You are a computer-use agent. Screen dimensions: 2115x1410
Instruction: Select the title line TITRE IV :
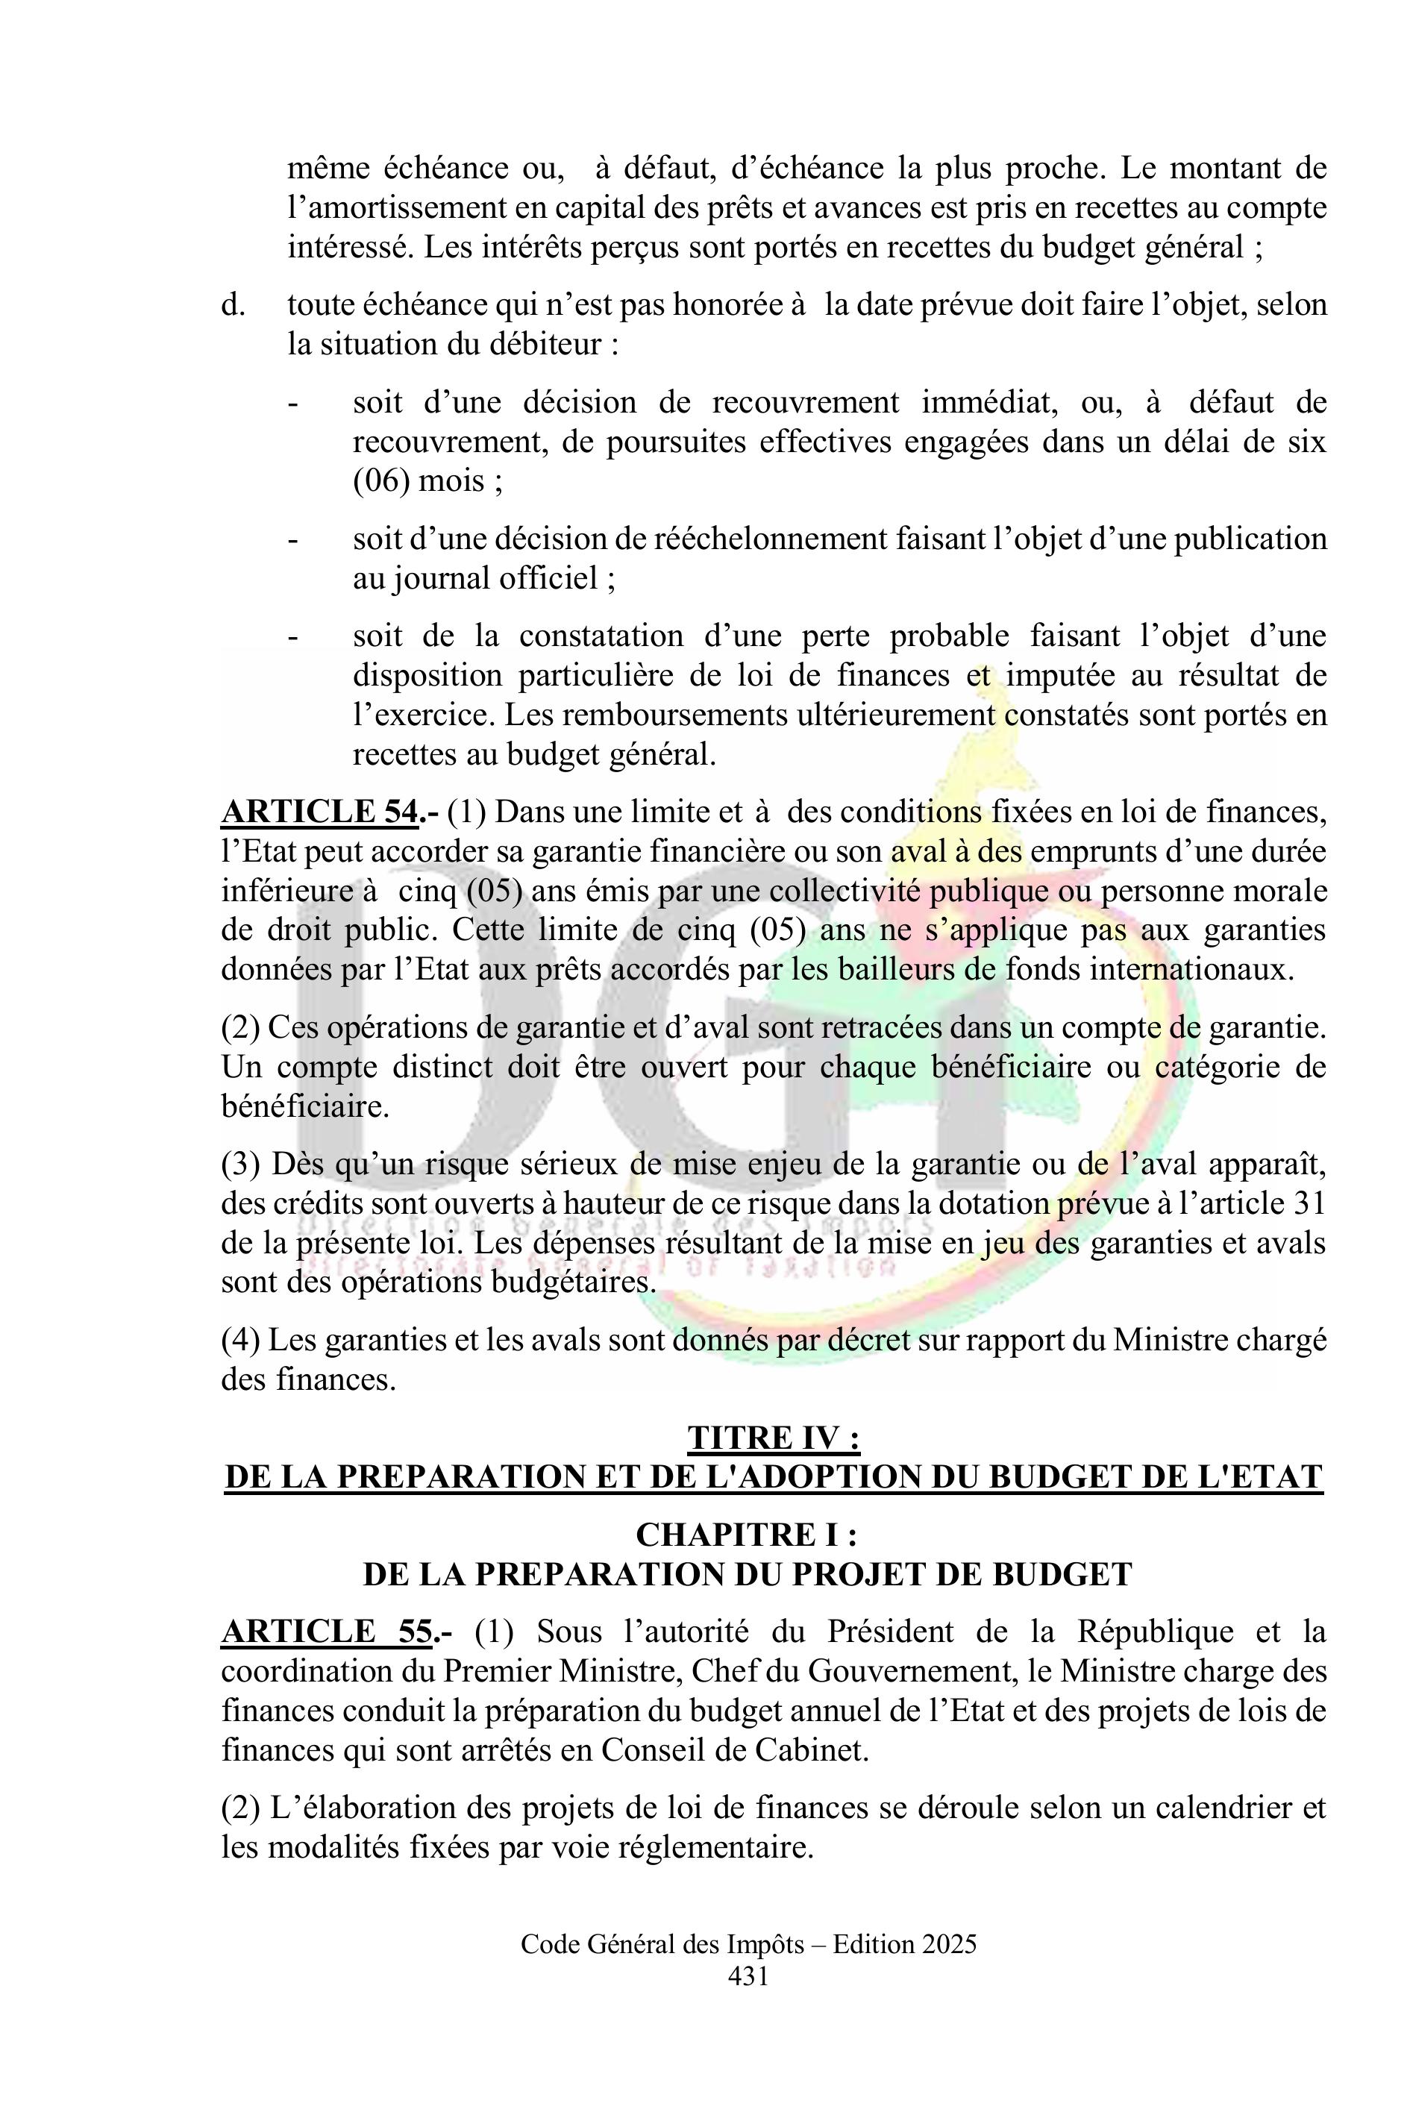(x=774, y=1438)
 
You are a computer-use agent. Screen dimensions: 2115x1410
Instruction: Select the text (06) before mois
(x=381, y=481)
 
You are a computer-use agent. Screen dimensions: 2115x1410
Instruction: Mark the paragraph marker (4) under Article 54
(x=241, y=1340)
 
